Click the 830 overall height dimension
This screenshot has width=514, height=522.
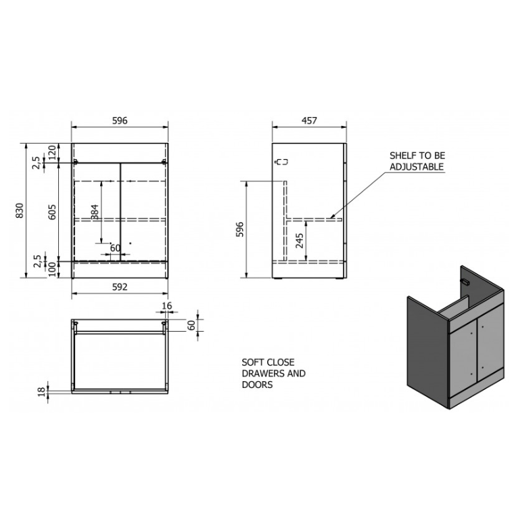pos(20,211)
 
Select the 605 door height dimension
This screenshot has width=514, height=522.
pos(52,212)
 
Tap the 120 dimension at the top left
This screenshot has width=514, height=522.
pos(53,152)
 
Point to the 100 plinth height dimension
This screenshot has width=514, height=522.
pos(53,269)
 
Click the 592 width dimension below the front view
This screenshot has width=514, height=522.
pos(119,287)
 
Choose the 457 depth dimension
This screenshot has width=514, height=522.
pos(309,121)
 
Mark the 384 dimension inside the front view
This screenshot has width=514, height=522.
pos(95,212)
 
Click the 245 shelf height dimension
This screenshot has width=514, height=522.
pos(300,240)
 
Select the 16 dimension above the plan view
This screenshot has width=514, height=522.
pos(167,305)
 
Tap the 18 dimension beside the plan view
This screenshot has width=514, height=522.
pos(41,392)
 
